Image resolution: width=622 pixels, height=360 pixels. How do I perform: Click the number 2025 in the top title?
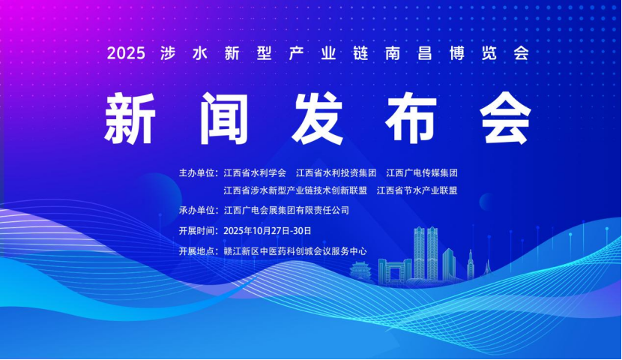(126, 53)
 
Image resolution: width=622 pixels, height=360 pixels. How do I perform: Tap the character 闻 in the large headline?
(224, 118)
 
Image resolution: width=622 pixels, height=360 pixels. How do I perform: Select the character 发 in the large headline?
(317, 118)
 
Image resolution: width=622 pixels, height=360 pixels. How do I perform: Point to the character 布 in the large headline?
(411, 118)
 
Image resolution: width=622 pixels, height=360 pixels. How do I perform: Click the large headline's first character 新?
(130, 118)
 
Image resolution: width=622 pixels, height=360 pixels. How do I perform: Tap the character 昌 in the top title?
(424, 53)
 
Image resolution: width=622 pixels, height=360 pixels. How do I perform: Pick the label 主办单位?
(196, 173)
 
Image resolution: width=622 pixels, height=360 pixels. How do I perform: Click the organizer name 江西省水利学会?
(255, 173)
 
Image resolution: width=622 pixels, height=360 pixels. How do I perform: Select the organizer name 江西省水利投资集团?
(336, 173)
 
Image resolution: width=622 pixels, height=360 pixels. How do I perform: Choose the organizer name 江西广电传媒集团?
(422, 173)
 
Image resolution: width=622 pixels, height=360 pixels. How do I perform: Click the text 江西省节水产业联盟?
(417, 190)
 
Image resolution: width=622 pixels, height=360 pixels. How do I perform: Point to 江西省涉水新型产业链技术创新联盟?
(295, 190)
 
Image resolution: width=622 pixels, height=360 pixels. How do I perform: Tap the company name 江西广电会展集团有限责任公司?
(286, 210)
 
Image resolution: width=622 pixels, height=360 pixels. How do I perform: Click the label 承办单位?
(196, 210)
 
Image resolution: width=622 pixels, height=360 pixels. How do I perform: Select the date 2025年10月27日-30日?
(268, 231)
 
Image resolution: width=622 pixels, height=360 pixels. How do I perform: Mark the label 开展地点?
(196, 251)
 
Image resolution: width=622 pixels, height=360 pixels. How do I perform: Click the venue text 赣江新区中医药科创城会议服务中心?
(295, 251)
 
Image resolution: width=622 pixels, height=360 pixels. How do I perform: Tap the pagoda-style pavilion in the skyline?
(361, 272)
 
